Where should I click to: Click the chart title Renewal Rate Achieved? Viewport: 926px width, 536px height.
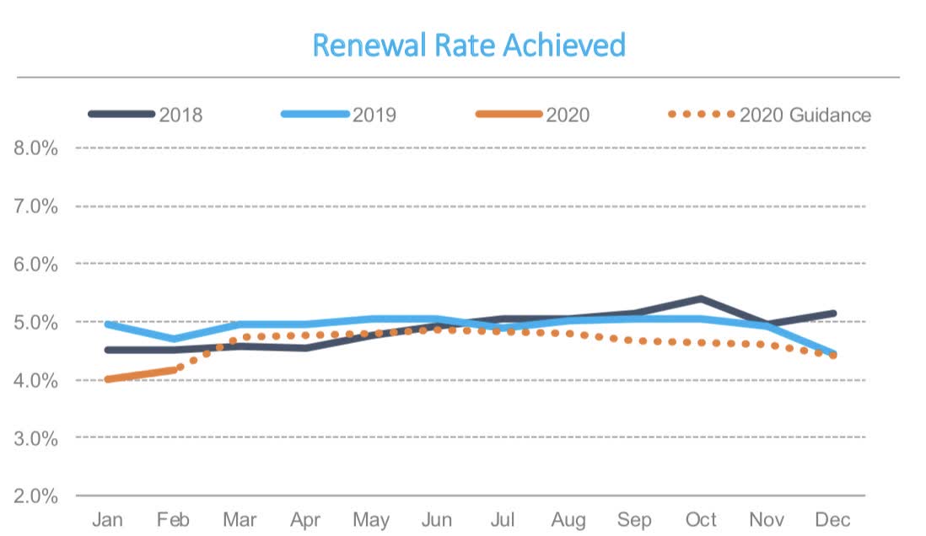pyautogui.click(x=469, y=45)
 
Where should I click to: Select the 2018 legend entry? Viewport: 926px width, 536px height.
pyautogui.click(x=180, y=115)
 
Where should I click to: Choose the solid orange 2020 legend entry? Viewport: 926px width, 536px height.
pyautogui.click(x=568, y=115)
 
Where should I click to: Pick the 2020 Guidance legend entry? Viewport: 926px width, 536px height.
pyautogui.click(x=805, y=115)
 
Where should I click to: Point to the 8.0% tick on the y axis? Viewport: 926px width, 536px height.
pyautogui.click(x=35, y=148)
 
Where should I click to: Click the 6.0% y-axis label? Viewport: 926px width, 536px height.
pyautogui.click(x=35, y=264)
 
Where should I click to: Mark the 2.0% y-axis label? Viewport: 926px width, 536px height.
pyautogui.click(x=35, y=496)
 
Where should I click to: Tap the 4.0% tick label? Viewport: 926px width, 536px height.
pyautogui.click(x=35, y=380)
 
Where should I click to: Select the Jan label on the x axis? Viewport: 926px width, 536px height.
pyautogui.click(x=107, y=519)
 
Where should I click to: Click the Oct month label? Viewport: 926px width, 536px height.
pyautogui.click(x=701, y=519)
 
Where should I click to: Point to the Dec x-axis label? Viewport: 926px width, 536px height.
pyautogui.click(x=832, y=519)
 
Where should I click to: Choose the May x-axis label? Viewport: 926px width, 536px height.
pyautogui.click(x=370, y=519)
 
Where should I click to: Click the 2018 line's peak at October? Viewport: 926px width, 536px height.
pyautogui.click(x=702, y=298)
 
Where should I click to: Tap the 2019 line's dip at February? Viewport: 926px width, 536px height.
pyautogui.click(x=174, y=339)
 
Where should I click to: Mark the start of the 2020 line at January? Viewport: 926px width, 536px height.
pyautogui.click(x=108, y=379)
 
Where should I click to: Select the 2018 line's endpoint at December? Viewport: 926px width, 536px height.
pyautogui.click(x=833, y=314)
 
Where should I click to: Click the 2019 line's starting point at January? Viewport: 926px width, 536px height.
pyautogui.click(x=108, y=324)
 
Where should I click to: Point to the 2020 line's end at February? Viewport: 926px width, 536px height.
pyautogui.click(x=174, y=369)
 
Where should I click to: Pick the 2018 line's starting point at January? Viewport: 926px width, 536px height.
pyautogui.click(x=108, y=350)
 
